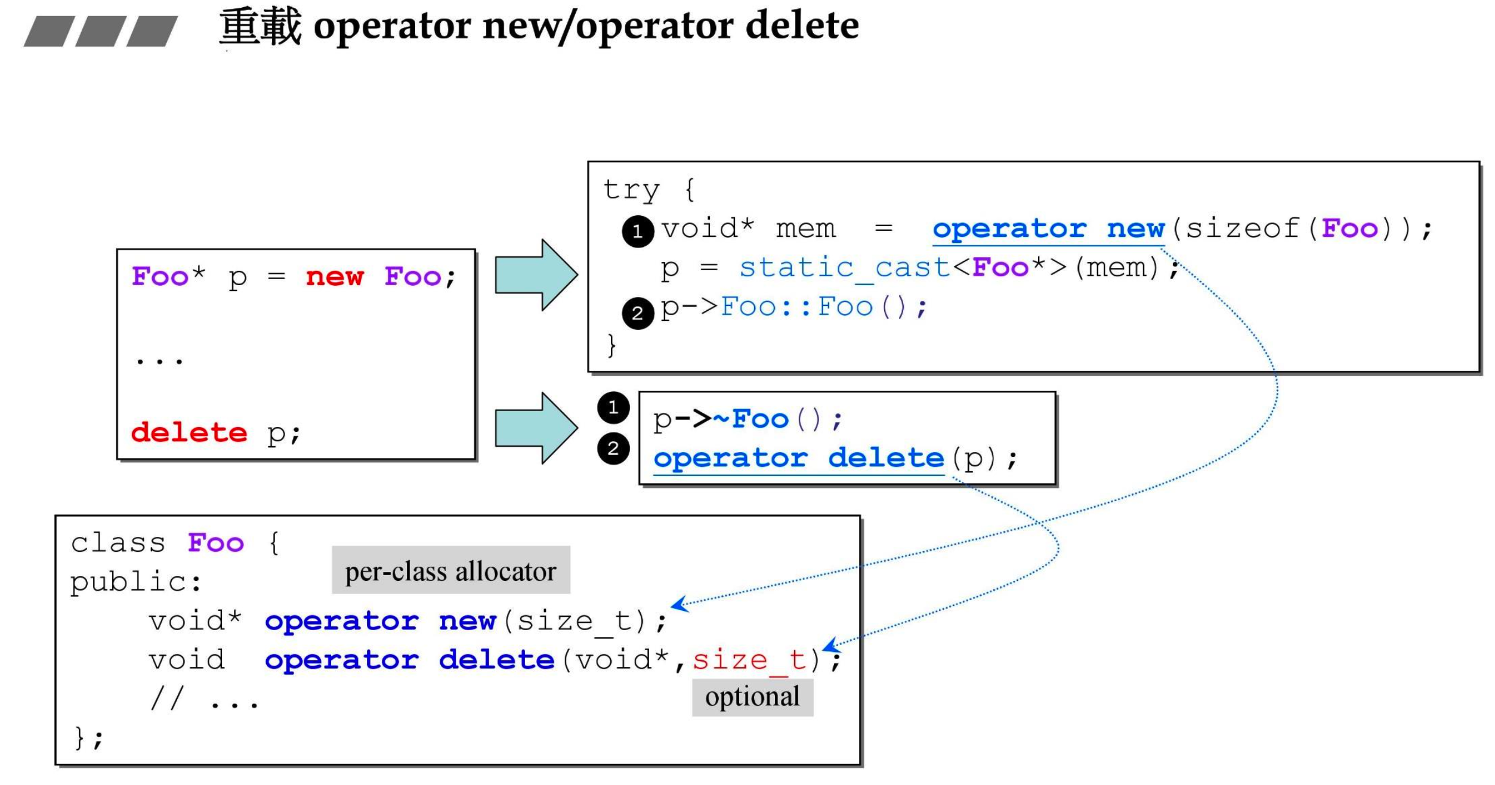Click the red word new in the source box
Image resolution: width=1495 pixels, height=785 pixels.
click(x=334, y=277)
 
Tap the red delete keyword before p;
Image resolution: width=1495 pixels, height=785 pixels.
click(x=189, y=432)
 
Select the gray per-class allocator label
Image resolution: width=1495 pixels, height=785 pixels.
click(x=450, y=571)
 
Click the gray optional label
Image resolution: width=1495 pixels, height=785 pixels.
click(x=752, y=697)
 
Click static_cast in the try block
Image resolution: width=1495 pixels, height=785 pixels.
click(x=844, y=268)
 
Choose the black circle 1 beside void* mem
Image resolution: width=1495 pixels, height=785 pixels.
click(x=637, y=231)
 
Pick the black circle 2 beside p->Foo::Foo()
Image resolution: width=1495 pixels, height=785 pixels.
click(x=637, y=313)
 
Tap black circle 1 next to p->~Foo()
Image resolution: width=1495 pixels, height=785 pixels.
click(x=613, y=407)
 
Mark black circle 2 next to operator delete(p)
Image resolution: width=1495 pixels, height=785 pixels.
click(x=613, y=448)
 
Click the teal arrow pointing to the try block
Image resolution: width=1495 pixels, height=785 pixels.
click(x=536, y=275)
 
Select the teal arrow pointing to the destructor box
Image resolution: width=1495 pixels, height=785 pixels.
click(x=536, y=428)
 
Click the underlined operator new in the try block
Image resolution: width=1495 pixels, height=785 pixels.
click(x=1048, y=229)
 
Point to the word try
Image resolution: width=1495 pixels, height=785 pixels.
click(x=631, y=190)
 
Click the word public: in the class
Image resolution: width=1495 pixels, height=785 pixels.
click(x=136, y=582)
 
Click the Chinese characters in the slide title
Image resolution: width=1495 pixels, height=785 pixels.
click(x=261, y=27)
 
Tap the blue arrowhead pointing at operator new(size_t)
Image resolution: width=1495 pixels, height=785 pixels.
click(x=678, y=604)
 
